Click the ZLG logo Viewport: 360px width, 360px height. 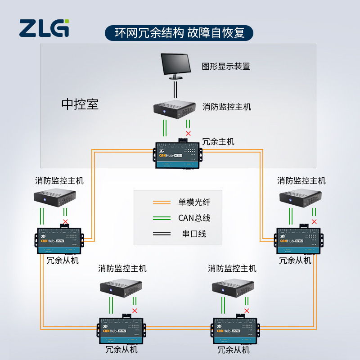tap(44, 28)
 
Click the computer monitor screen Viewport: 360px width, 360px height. tap(176, 64)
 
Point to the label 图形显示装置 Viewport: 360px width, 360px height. tap(226, 67)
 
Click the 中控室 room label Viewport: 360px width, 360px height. tap(80, 104)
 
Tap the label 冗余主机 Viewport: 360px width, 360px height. tap(218, 141)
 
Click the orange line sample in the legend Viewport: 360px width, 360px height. tap(162, 202)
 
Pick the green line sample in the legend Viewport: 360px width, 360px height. tap(162, 218)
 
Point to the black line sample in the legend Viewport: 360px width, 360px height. tap(162, 234)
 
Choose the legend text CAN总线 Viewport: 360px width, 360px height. tap(194, 218)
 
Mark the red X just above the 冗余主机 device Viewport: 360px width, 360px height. tap(188, 133)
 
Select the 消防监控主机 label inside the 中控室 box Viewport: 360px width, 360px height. tap(227, 107)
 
